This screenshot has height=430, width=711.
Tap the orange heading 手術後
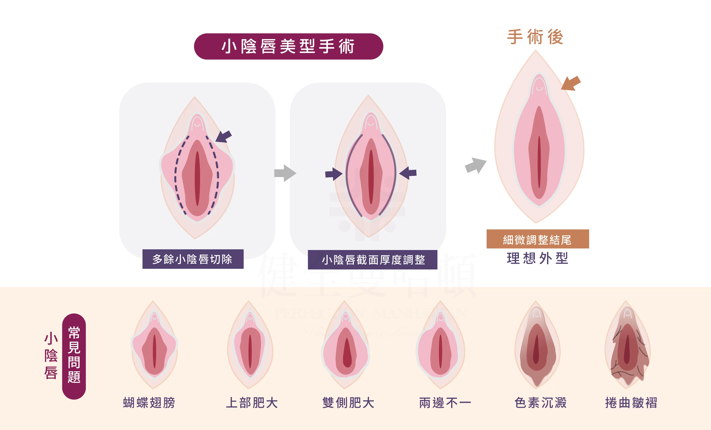pos(535,37)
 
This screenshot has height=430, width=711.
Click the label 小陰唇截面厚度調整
pos(373,260)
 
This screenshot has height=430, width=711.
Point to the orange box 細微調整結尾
pos(538,239)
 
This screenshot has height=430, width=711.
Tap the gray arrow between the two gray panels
pos(285,173)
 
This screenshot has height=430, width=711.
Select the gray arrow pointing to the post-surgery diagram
pos(475,165)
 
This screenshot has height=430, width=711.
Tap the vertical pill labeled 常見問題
pos(74,356)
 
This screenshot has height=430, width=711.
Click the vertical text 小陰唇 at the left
pos(51,356)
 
